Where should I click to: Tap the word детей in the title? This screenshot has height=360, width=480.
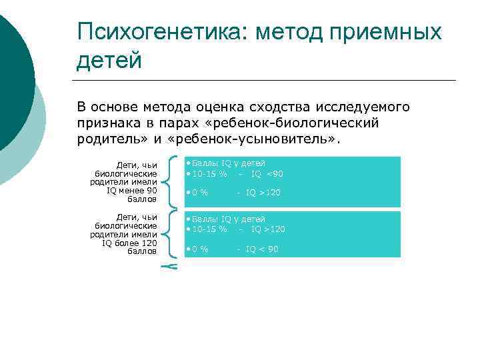pos(109,61)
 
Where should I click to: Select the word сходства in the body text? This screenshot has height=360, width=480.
pos(279,107)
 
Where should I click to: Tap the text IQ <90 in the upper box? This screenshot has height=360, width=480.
pos(267,174)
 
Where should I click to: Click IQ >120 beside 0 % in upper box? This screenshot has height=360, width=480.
pos(263,193)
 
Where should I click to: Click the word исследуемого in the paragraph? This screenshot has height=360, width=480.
pos(368,107)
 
